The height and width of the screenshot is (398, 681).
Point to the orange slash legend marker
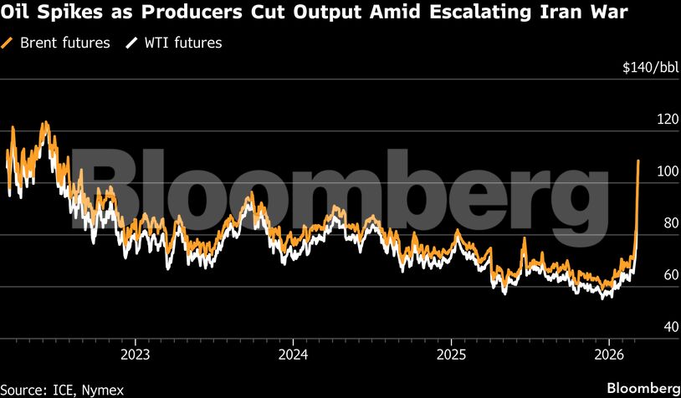(9, 43)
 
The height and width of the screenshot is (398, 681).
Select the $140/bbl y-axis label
(648, 67)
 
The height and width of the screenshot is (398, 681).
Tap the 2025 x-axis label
(451, 353)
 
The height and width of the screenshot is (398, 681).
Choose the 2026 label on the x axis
(609, 353)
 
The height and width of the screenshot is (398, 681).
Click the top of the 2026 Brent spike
(638, 161)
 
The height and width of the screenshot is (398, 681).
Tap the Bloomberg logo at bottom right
(643, 388)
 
